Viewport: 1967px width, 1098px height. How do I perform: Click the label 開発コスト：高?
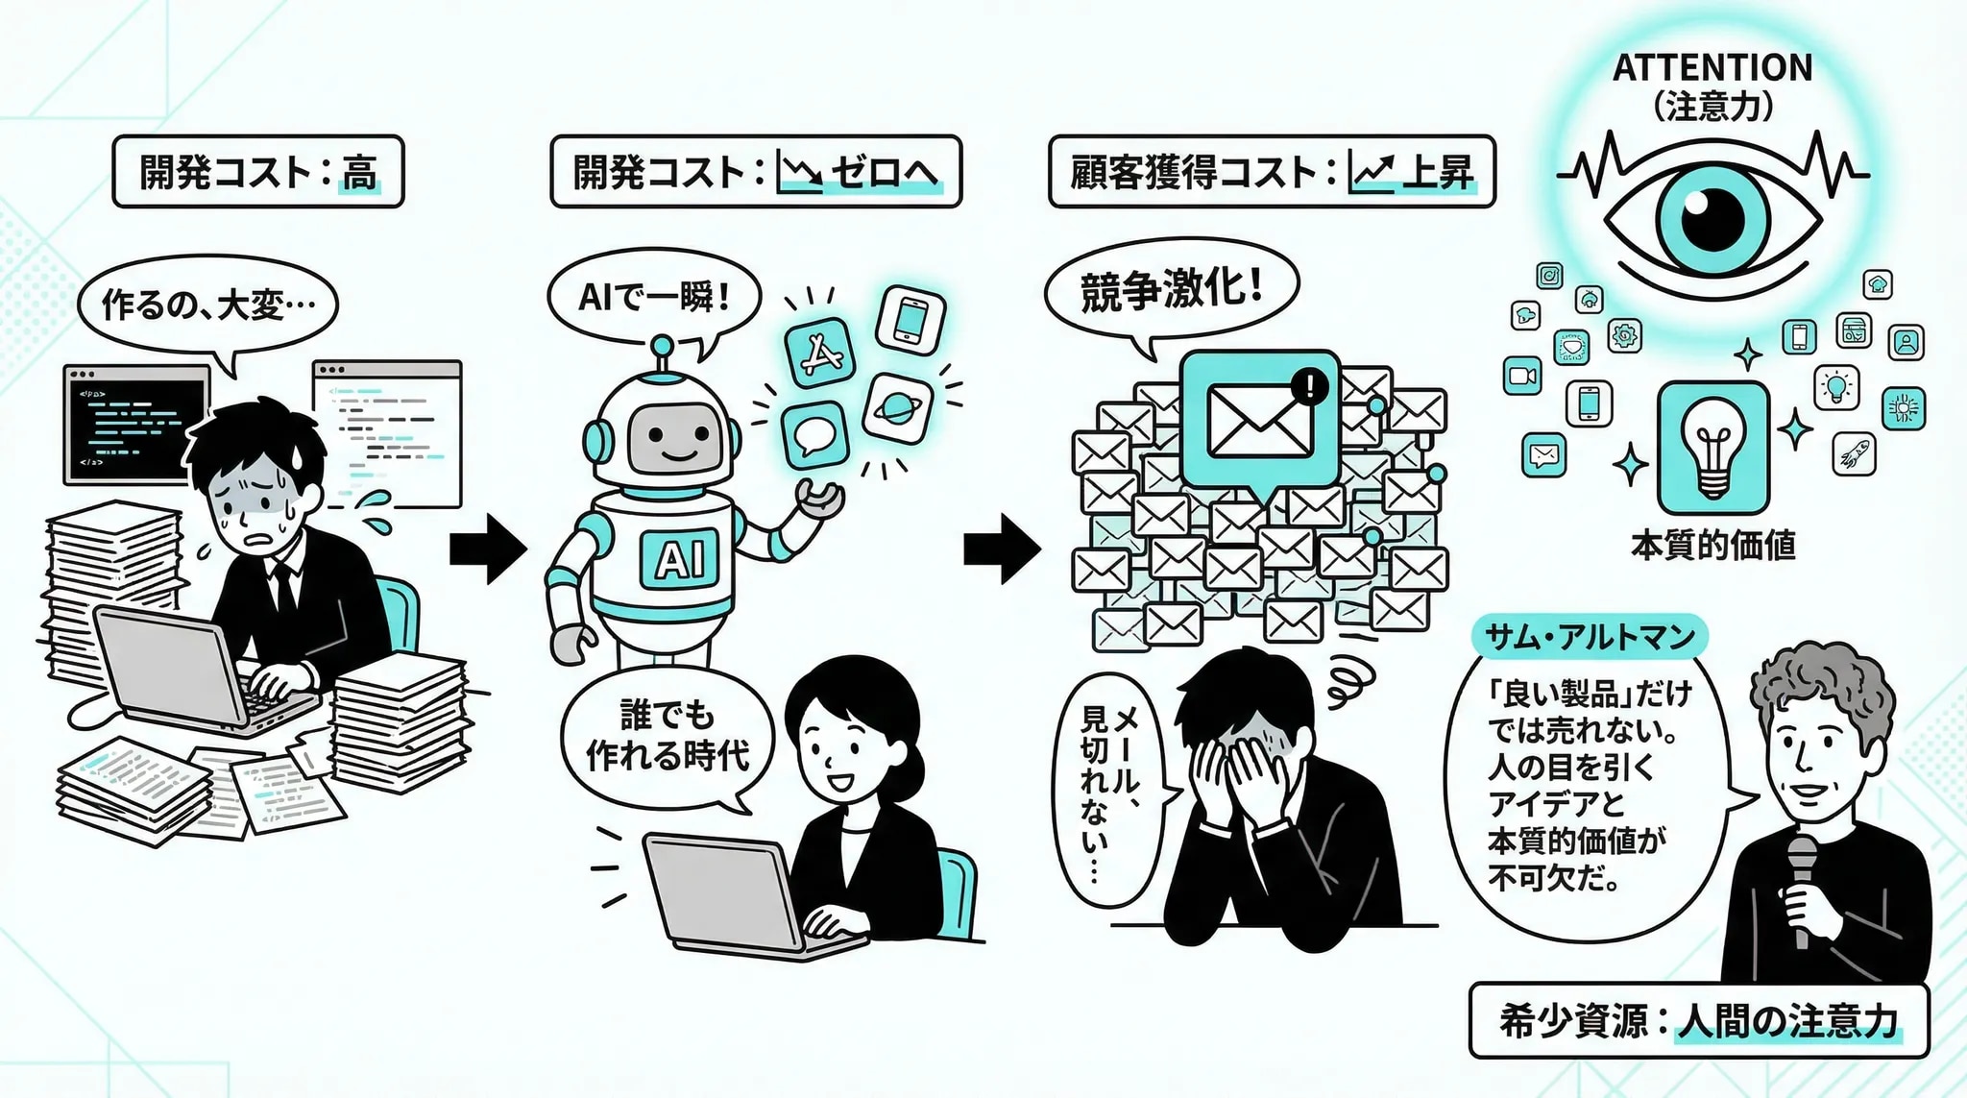click(257, 172)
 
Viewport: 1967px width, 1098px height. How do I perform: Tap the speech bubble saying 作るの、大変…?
click(206, 305)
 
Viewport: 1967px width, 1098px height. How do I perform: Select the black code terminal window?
click(135, 424)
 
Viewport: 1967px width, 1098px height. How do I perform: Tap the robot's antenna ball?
click(662, 345)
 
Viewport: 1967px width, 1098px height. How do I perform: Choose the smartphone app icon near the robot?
click(911, 319)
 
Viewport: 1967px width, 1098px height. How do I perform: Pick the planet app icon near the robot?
click(897, 407)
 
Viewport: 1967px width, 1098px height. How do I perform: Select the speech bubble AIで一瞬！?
click(653, 298)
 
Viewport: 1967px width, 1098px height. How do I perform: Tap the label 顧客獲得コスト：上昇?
click(1271, 172)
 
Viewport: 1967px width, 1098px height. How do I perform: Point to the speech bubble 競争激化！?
click(1171, 289)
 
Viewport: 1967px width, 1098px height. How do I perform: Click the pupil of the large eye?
click(1712, 217)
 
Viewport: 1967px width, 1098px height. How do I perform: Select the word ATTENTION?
click(1712, 68)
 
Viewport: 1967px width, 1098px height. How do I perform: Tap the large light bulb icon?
click(1712, 448)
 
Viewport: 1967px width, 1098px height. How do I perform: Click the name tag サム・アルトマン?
click(1589, 637)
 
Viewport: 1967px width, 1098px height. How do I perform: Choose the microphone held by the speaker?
click(1802, 884)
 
